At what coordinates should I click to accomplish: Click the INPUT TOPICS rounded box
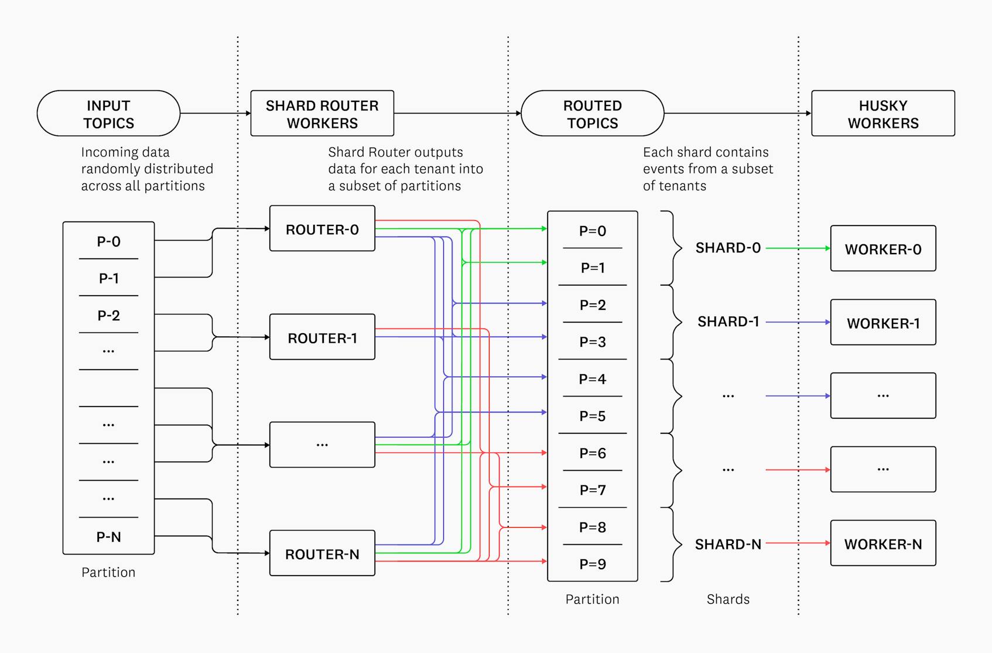[x=108, y=114]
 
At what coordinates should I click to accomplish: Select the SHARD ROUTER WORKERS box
[x=322, y=114]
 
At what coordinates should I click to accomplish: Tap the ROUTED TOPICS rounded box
[x=592, y=114]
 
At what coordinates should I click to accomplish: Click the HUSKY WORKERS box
[x=882, y=114]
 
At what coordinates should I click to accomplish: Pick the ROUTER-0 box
[x=322, y=229]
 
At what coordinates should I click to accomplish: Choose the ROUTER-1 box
[x=322, y=337]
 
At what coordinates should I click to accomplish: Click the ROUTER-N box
[x=322, y=553]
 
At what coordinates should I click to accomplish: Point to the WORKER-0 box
[x=882, y=249]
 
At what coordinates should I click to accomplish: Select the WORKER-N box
[x=882, y=543]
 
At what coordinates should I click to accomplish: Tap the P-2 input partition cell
[x=108, y=316]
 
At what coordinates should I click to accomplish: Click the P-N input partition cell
[x=108, y=536]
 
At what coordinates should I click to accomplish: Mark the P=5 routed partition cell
[x=592, y=416]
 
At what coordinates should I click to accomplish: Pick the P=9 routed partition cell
[x=592, y=564]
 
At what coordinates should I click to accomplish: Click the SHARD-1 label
[x=728, y=322]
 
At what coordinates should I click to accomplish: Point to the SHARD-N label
[x=728, y=544]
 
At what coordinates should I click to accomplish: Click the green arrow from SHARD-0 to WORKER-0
[x=796, y=248]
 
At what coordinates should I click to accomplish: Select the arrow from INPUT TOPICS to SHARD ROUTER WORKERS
[x=214, y=114]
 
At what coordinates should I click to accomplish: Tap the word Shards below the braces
[x=728, y=599]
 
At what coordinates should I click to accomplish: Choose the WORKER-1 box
[x=882, y=323]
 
